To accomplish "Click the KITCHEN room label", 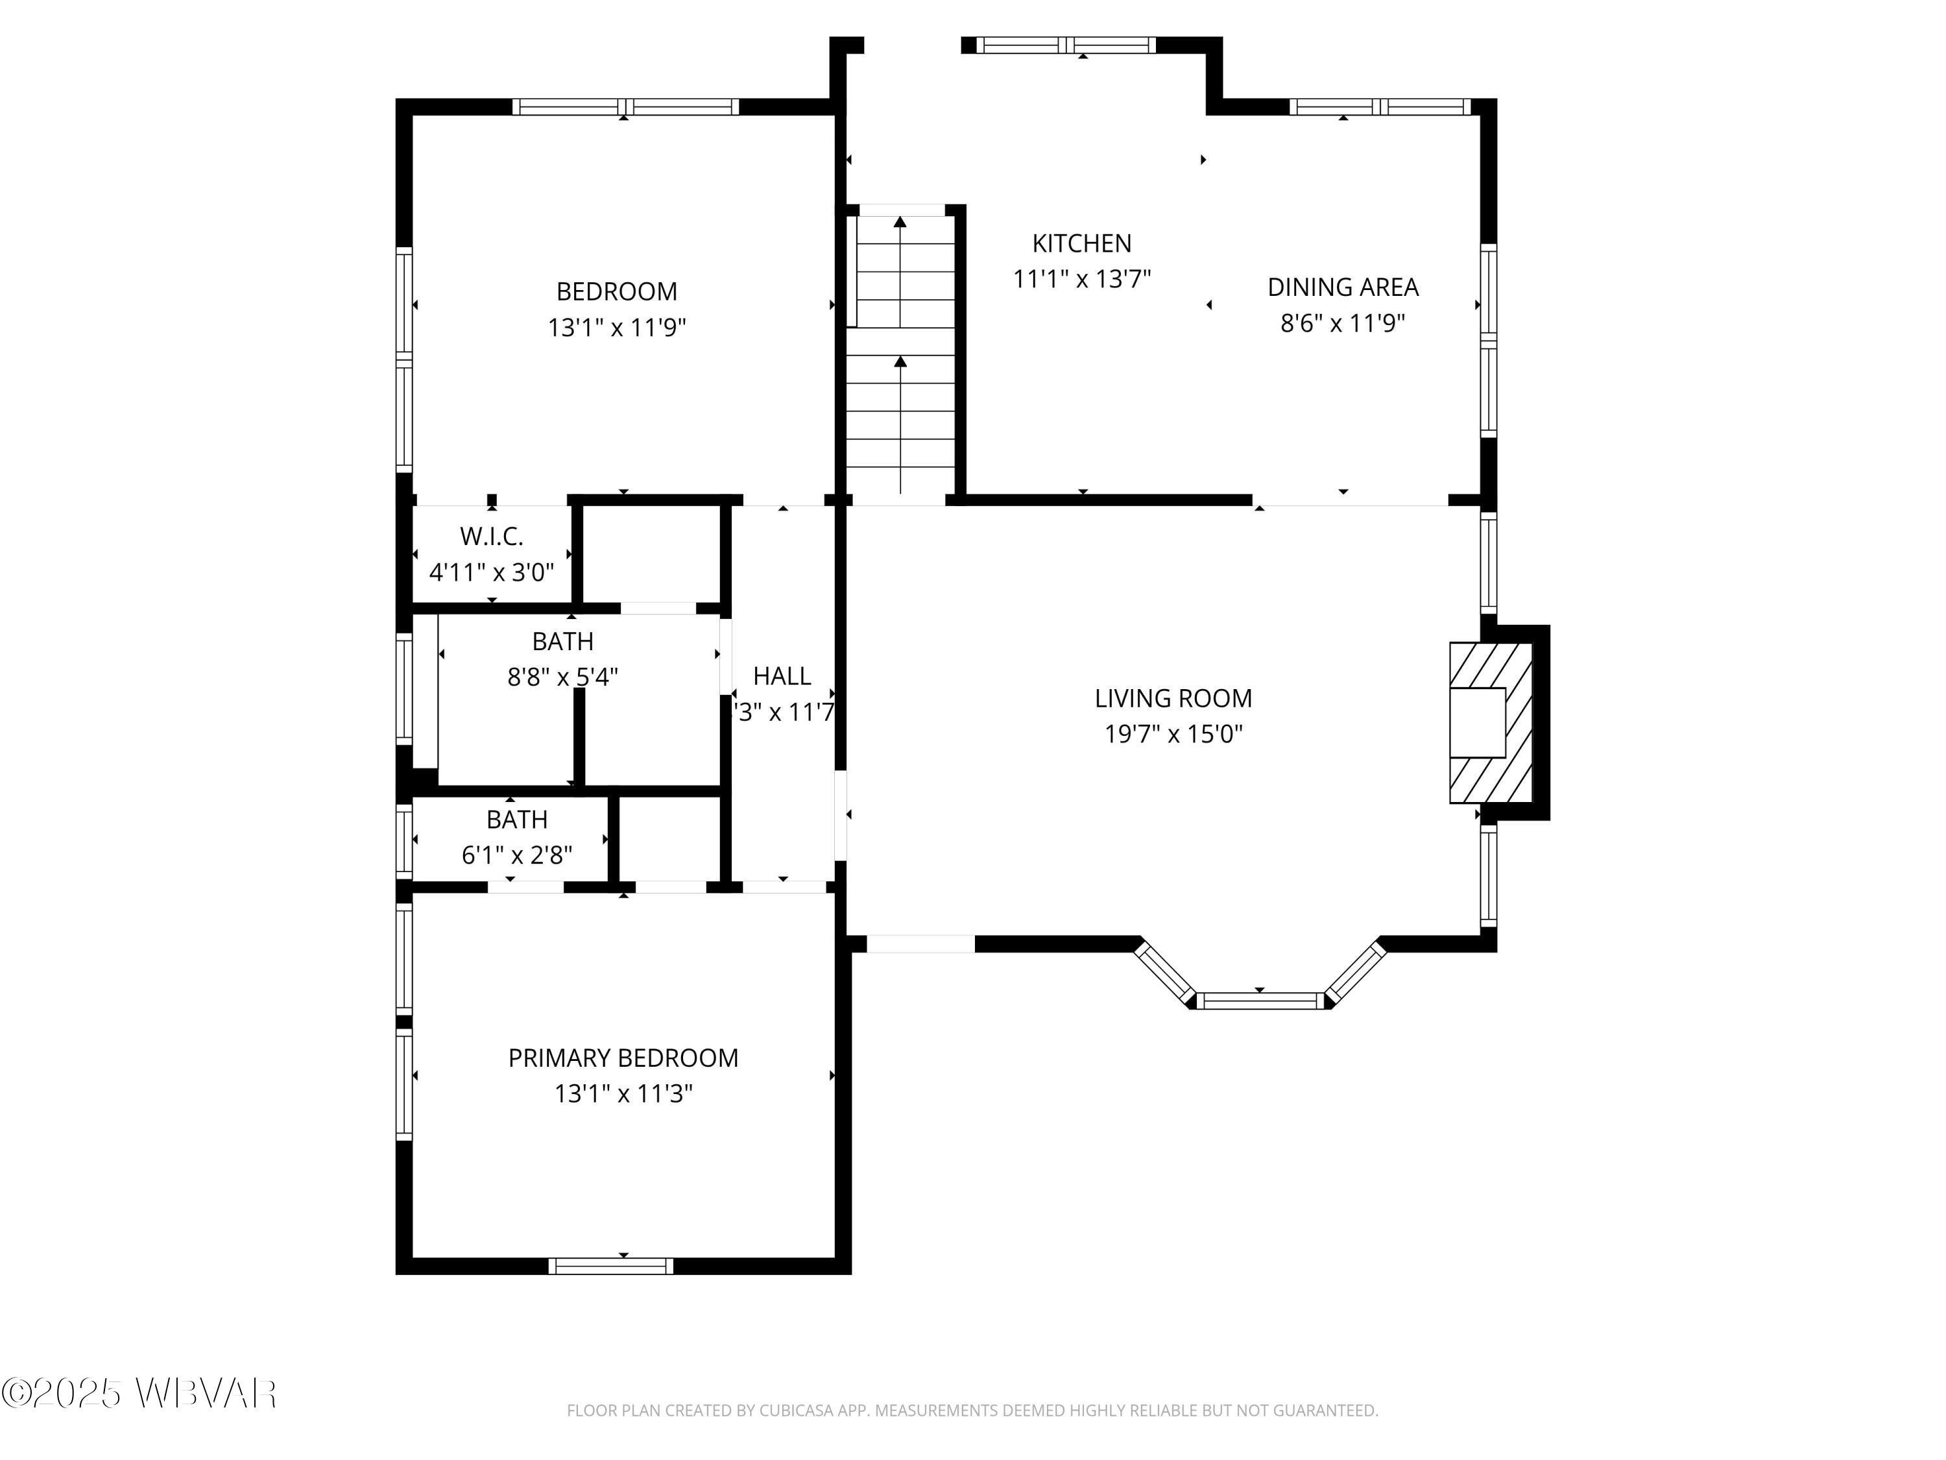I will (1081, 243).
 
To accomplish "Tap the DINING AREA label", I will (1343, 287).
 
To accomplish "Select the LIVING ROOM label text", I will (1173, 698).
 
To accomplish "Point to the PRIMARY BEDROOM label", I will (623, 1058).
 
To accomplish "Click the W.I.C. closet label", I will (491, 536).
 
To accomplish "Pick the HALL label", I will (781, 676).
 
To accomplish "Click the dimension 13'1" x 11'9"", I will (617, 328).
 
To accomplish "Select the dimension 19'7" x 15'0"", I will (1173, 734).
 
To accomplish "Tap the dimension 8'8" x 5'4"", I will (562, 677).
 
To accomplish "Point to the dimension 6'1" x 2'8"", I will (516, 855).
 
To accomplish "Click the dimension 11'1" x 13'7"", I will (1081, 279).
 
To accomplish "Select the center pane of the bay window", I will (1259, 1000).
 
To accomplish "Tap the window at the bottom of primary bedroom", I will (610, 1265).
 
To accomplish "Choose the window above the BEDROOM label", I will (625, 107).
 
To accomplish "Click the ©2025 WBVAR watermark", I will (139, 1393).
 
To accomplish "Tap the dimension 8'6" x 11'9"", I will (1343, 323).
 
